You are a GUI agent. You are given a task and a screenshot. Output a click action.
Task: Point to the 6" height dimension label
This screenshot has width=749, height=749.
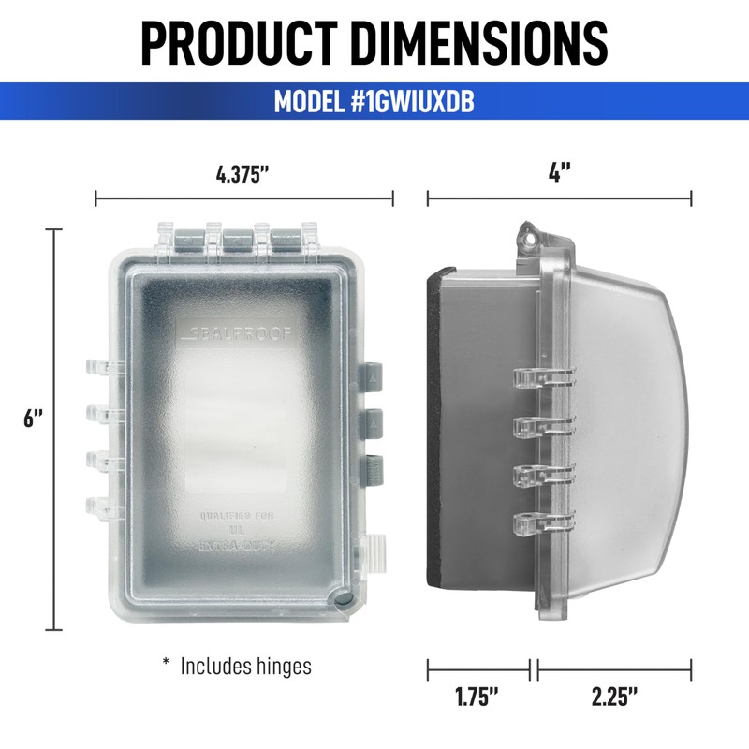pos(34,419)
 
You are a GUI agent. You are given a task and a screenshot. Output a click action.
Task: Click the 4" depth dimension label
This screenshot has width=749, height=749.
pos(559,174)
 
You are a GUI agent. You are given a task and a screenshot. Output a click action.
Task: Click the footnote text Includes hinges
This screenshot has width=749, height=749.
pos(245,667)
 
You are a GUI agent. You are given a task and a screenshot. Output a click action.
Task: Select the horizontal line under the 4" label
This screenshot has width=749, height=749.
pos(559,198)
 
